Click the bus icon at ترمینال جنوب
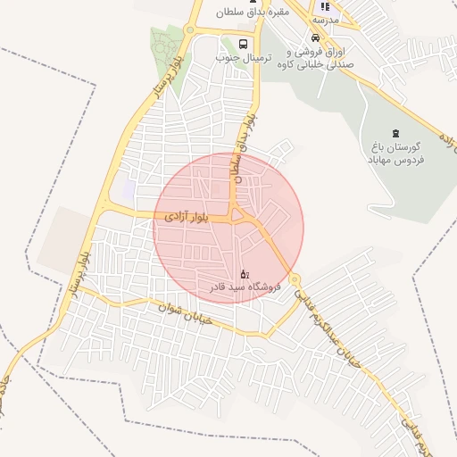coord(244,43)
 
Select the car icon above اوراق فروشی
coord(316,38)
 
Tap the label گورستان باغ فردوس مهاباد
coord(396,152)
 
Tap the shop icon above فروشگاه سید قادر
coord(245,273)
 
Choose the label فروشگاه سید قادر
coord(245,287)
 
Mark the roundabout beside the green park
coord(188,30)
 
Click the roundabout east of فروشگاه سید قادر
coord(295,280)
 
